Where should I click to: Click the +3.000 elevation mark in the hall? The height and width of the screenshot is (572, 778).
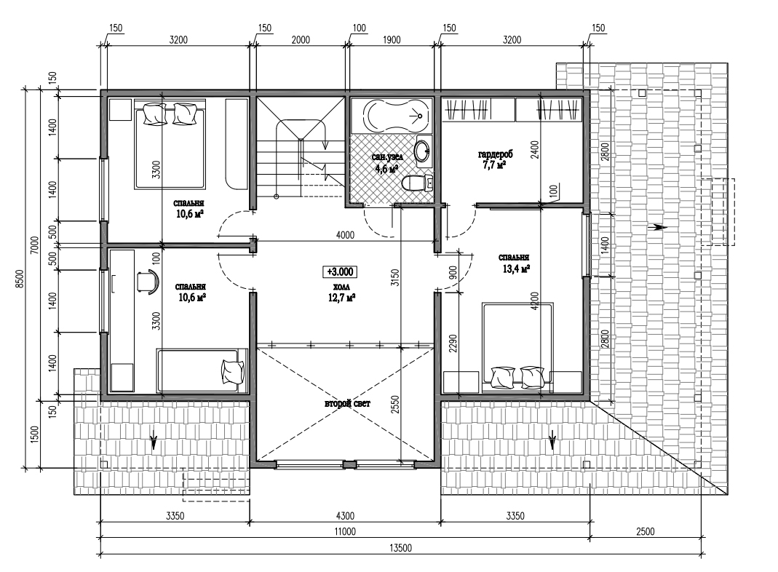click(340, 272)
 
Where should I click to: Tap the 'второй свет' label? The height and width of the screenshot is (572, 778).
click(347, 404)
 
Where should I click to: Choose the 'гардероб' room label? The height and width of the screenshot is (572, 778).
click(495, 154)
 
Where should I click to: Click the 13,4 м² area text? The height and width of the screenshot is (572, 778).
click(516, 269)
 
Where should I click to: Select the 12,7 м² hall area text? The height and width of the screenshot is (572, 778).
click(341, 298)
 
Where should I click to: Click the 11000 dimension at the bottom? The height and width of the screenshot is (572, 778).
click(345, 531)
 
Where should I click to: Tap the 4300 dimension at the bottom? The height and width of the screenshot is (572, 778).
click(344, 516)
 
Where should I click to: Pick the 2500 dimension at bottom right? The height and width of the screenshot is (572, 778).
click(645, 531)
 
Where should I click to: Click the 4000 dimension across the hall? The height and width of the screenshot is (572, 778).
click(345, 234)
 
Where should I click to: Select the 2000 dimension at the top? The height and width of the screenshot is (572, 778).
click(300, 40)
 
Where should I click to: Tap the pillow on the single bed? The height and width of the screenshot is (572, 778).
click(233, 372)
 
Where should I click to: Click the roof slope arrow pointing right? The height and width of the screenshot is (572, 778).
click(657, 227)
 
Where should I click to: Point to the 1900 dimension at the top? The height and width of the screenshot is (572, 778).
click(392, 40)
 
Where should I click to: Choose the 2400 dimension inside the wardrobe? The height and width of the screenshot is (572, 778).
click(534, 149)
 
